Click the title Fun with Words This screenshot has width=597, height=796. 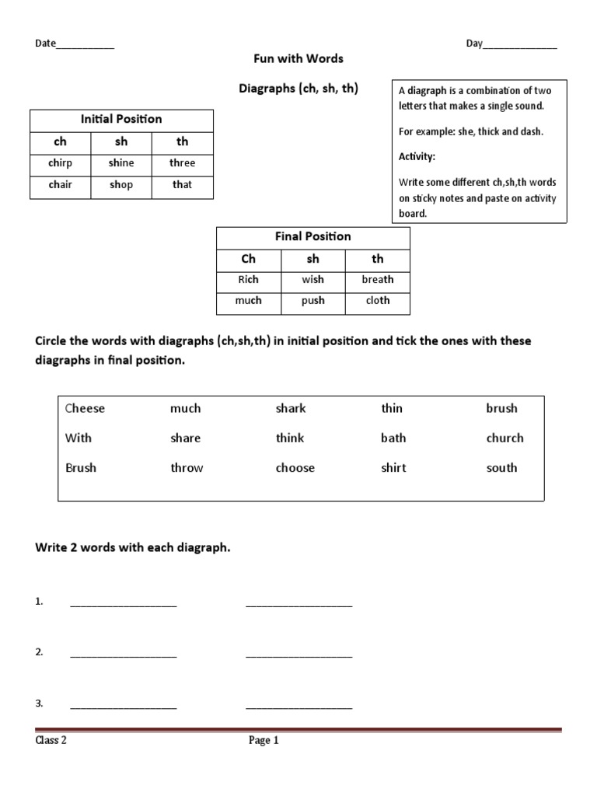298,59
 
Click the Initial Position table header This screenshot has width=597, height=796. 121,120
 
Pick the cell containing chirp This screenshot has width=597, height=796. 60,163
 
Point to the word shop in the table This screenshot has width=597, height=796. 121,185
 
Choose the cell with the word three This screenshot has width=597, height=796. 182,163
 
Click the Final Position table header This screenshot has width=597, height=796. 312,237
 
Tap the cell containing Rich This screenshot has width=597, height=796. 248,280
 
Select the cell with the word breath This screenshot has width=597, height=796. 378,280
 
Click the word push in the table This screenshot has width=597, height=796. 313,301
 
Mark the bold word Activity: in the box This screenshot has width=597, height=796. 417,157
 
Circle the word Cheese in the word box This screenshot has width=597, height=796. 85,409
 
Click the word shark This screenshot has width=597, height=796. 291,409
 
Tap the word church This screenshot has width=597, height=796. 504,438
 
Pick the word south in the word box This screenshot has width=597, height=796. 501,468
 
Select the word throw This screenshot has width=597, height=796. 187,468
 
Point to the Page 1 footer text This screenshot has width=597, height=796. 264,741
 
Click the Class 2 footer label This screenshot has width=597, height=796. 51,741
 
